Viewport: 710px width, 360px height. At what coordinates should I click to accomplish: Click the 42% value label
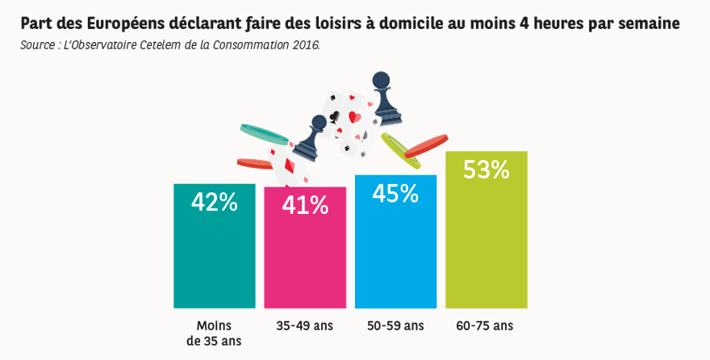tap(214, 202)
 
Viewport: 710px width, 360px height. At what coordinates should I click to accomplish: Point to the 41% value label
tap(305, 206)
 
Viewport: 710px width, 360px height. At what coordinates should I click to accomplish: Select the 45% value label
tap(395, 194)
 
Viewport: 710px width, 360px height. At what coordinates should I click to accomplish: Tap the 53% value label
tap(487, 170)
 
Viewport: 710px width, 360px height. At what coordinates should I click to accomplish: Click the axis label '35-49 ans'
tap(305, 326)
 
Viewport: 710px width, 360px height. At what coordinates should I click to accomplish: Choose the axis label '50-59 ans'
tap(395, 326)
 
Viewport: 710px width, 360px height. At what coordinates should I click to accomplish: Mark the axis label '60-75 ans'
tap(486, 326)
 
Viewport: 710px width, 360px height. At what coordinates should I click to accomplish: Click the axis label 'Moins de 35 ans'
tap(214, 333)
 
